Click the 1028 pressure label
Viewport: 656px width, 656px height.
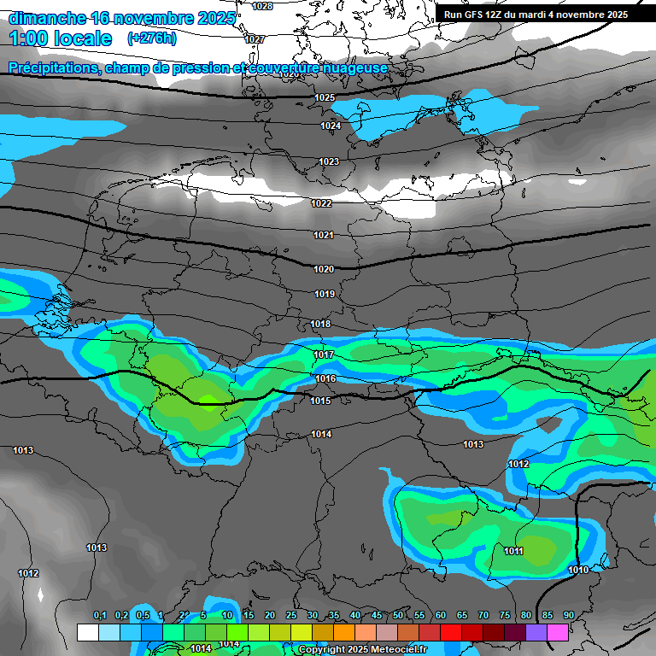pos(263,6)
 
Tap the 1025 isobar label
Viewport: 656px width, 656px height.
pos(325,98)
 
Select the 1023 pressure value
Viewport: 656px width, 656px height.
pos(329,161)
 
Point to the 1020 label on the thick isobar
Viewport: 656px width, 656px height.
pos(324,269)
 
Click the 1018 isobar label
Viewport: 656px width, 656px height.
pos(321,325)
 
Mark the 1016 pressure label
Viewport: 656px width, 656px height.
pos(325,378)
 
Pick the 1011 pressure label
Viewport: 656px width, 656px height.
pos(513,552)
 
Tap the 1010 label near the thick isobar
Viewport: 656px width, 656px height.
pos(578,570)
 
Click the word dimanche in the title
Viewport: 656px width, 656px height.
pos(46,18)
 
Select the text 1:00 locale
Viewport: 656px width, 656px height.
pos(60,39)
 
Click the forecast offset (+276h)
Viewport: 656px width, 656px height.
pos(151,38)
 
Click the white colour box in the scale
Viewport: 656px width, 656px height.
pos(87,632)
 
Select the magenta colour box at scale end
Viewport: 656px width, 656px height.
pos(558,632)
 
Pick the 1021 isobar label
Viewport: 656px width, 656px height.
pos(323,235)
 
